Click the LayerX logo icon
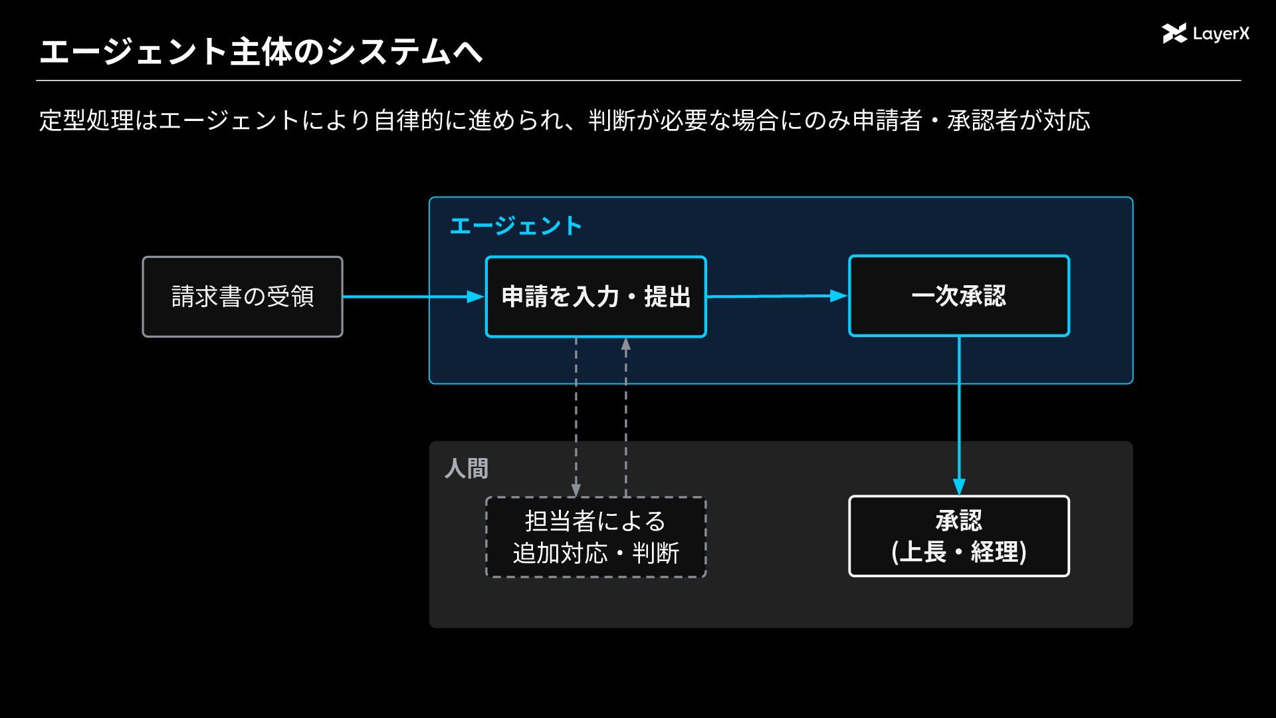[1174, 33]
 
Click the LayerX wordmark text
[1221, 34]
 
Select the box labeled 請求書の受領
[243, 297]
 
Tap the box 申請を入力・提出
[595, 297]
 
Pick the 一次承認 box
[959, 296]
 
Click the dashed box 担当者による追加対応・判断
[595, 537]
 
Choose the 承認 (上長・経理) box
[959, 536]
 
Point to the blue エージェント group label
[516, 226]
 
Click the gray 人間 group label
[467, 469]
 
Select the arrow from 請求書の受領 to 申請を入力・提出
[414, 297]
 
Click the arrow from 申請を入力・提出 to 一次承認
[778, 296]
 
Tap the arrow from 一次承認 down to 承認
[959, 416]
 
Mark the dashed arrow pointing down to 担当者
[576, 417]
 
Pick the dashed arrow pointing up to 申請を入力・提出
[625, 417]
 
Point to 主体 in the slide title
[261, 52]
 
